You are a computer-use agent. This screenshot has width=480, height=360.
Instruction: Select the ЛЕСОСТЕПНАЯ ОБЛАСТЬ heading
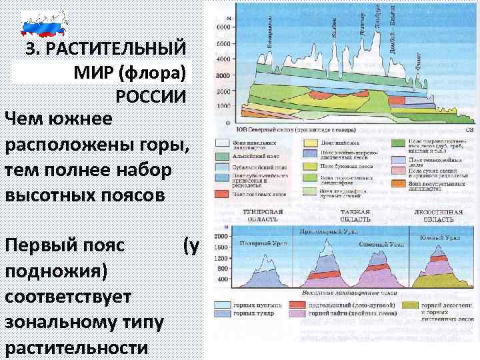(438, 215)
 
